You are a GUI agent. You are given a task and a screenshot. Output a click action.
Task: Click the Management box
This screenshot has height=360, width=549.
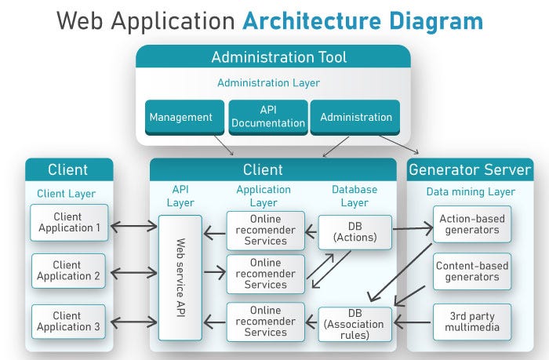(x=181, y=118)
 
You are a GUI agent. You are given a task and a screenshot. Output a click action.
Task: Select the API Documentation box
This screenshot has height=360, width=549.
(x=267, y=118)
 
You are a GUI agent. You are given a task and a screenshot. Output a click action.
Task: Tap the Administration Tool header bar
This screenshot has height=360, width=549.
(x=273, y=57)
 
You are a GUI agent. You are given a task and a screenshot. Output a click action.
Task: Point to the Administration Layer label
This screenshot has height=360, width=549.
(x=268, y=82)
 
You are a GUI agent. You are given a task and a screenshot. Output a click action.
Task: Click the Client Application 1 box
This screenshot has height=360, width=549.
(x=69, y=223)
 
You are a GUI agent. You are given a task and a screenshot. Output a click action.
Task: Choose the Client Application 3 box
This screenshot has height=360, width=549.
(x=69, y=322)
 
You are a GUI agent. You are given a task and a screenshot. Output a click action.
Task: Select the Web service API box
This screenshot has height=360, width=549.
(x=180, y=277)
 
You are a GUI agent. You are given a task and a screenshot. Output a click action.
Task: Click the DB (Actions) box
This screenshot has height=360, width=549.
(x=354, y=228)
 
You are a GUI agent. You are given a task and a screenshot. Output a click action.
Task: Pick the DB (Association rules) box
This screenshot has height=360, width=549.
(x=354, y=322)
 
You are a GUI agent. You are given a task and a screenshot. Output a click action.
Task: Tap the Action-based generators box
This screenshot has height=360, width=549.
(x=472, y=224)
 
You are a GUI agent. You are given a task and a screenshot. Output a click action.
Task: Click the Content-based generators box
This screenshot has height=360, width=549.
(x=472, y=271)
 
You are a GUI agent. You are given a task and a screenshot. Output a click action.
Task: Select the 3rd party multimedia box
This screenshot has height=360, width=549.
(x=472, y=321)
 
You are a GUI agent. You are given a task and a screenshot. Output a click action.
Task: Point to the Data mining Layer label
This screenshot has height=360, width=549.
(x=471, y=191)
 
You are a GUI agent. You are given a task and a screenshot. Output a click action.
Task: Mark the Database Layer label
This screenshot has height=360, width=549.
(x=354, y=196)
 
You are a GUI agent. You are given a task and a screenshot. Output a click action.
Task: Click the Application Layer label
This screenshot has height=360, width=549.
(x=264, y=196)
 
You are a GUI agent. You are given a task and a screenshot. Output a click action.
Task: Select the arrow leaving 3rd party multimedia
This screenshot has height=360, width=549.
(x=413, y=322)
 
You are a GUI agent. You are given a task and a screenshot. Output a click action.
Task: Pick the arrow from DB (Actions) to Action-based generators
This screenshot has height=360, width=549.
(x=413, y=229)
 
